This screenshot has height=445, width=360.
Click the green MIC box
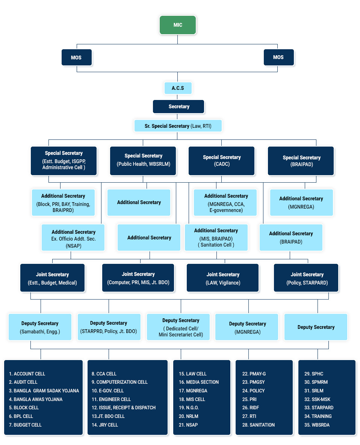[x=178, y=25]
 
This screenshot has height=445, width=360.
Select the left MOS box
[x=77, y=58]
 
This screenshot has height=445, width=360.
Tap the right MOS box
[x=278, y=58]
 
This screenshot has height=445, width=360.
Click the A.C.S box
[x=178, y=88]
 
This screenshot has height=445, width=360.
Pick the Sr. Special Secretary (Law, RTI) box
[x=178, y=126]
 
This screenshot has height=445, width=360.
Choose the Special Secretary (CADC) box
[x=222, y=160]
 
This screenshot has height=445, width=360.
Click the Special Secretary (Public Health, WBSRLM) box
[x=143, y=160]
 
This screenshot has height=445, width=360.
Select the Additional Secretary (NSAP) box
[x=73, y=238]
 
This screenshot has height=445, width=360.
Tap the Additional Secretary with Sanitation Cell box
[x=216, y=238]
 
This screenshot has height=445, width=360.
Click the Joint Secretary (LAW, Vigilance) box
[x=223, y=278]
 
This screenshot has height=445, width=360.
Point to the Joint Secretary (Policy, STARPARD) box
[x=306, y=278]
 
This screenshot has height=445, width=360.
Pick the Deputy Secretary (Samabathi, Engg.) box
[x=40, y=327]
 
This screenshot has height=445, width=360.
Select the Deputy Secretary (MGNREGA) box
[x=247, y=327]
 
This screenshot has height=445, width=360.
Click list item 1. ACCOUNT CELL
[x=27, y=374]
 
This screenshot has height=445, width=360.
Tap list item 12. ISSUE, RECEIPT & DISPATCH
[x=124, y=407]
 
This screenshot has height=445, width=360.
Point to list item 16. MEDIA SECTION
[x=198, y=382]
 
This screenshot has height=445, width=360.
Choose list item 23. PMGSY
[x=253, y=382]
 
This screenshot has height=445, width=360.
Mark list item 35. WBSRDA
[x=317, y=425]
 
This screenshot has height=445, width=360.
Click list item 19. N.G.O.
[x=189, y=407]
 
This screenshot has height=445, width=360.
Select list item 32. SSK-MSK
[x=318, y=399]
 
